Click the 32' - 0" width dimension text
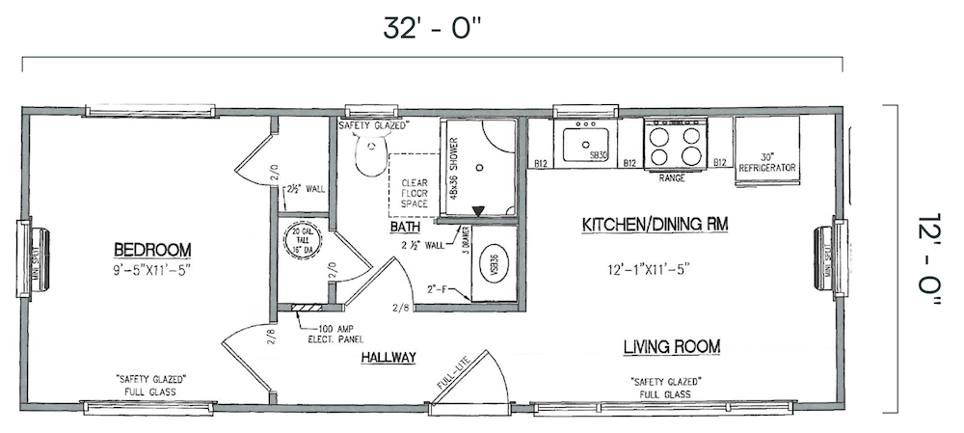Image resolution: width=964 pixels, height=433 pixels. click(432, 28)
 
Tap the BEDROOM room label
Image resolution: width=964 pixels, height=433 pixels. click(151, 249)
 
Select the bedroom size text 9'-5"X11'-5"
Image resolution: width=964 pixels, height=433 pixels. click(151, 269)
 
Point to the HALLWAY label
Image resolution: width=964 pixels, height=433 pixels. click(388, 358)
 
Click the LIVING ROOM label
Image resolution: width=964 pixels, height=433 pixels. click(672, 346)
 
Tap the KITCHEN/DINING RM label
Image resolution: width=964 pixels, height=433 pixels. click(655, 225)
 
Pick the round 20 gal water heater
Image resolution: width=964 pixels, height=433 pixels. click(300, 241)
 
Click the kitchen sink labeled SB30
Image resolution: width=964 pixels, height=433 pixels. click(586, 145)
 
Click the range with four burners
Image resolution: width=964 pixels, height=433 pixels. click(675, 145)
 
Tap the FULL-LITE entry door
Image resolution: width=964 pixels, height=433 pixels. click(472, 378)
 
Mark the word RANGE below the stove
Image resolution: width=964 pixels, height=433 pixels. click(672, 178)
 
